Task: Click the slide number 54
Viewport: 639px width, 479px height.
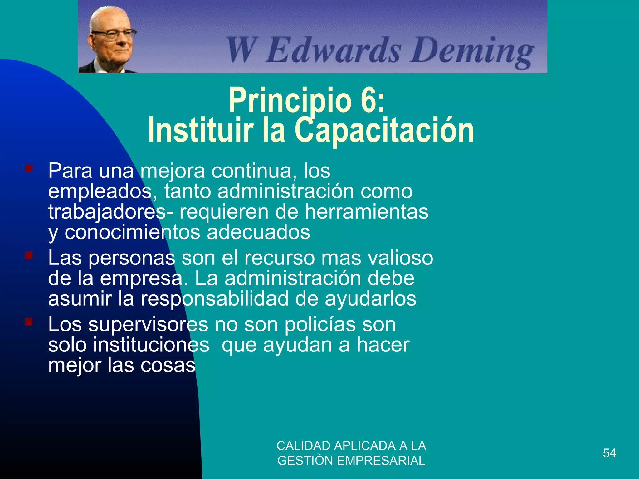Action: (x=609, y=453)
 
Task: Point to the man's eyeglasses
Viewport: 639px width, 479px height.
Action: (x=114, y=34)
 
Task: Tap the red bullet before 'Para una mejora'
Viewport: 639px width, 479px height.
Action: (x=29, y=169)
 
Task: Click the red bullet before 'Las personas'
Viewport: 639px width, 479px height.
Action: (x=29, y=256)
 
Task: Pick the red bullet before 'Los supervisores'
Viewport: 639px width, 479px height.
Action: (x=29, y=322)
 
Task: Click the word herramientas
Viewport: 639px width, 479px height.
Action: (x=366, y=212)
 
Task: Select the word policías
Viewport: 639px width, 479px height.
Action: (x=320, y=324)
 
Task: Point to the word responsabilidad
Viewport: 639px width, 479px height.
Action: (x=214, y=299)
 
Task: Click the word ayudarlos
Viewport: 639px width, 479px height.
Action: (x=370, y=299)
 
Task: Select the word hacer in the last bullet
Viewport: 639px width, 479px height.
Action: (x=383, y=345)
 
